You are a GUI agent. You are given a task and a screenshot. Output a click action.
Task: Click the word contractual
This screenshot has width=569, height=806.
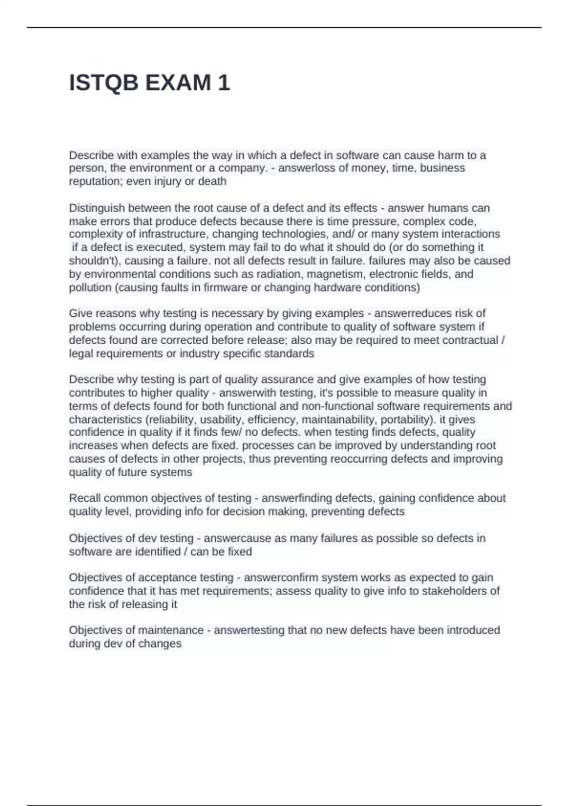[x=471, y=340]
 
